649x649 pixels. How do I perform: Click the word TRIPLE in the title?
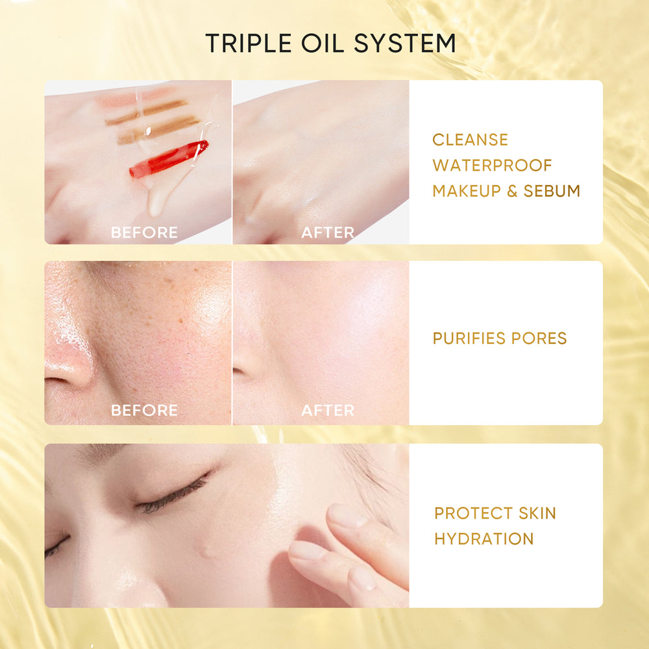247,43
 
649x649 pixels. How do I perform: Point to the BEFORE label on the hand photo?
144,232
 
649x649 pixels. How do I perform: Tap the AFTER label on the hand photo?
328,232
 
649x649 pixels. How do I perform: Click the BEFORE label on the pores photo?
144,410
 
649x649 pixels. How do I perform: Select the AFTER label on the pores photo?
328,410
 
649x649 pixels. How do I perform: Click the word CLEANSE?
471,140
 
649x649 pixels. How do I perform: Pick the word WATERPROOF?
493,165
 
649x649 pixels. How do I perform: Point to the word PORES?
539,338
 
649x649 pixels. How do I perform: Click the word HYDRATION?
484,539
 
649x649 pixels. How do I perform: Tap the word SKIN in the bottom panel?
533,513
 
